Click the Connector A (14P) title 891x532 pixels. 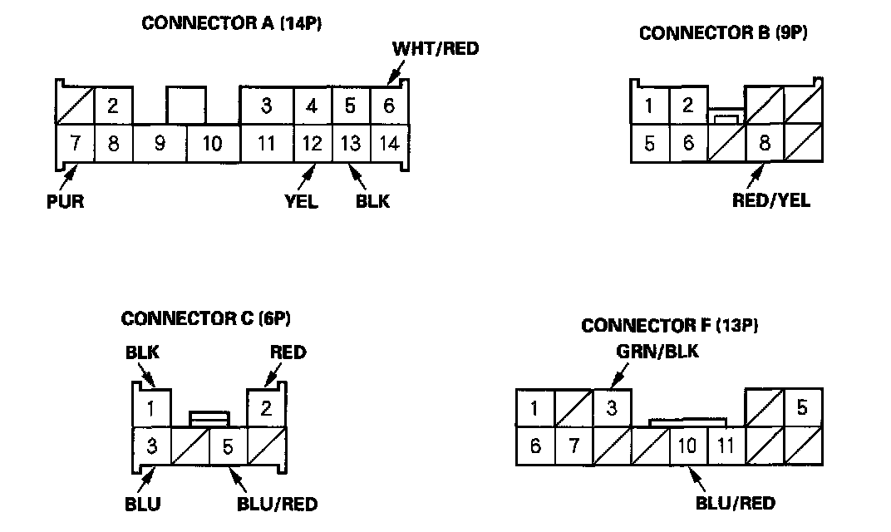(232, 23)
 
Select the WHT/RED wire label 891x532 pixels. (436, 48)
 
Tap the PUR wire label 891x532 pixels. (66, 201)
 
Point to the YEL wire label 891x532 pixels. (301, 202)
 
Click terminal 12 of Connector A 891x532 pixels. (312, 144)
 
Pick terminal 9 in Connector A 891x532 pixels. (160, 144)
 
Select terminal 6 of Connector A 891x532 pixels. (388, 106)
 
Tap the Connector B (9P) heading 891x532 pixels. (723, 33)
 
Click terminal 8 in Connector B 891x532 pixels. (765, 143)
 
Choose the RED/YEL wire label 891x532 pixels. (770, 199)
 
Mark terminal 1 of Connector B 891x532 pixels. (649, 106)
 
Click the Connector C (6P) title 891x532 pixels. (206, 318)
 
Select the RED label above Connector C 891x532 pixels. (288, 352)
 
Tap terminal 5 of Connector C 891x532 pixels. (227, 446)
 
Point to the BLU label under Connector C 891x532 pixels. (142, 504)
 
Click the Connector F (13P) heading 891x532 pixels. (670, 325)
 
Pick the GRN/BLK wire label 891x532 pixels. (657, 351)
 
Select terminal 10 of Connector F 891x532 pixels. (688, 446)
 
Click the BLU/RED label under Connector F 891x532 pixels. (735, 503)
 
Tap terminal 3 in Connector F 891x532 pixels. (612, 408)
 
